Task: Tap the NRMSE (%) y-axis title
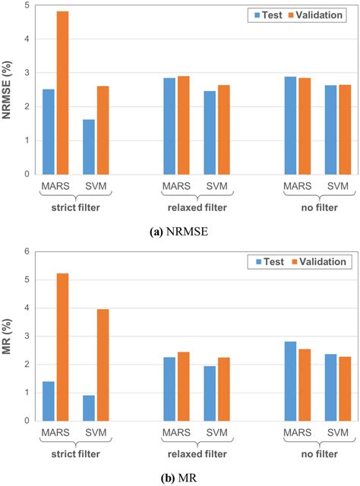pos(9,90)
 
